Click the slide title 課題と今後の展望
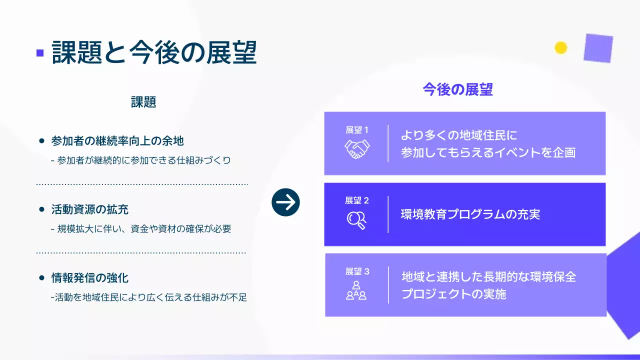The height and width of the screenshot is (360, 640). pyautogui.click(x=154, y=52)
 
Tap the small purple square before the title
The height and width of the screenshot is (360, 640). pyautogui.click(x=40, y=53)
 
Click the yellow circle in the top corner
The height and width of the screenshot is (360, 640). pyautogui.click(x=561, y=47)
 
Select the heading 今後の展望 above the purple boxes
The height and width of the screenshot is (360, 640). pyautogui.click(x=457, y=89)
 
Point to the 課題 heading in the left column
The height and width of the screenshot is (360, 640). pyautogui.click(x=143, y=102)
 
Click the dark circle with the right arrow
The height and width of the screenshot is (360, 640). pyautogui.click(x=285, y=202)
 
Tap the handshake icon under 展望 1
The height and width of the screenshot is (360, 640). pyautogui.click(x=356, y=148)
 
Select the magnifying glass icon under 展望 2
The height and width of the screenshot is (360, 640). pyautogui.click(x=356, y=219)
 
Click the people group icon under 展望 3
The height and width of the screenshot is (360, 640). pyautogui.click(x=356, y=290)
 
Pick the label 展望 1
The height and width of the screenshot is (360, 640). pyautogui.click(x=356, y=130)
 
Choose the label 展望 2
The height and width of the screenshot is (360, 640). pyautogui.click(x=356, y=200)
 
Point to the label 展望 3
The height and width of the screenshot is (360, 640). pyautogui.click(x=356, y=271)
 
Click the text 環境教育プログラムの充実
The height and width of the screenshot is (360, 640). pyautogui.click(x=470, y=214)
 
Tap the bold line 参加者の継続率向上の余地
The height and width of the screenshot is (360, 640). pyautogui.click(x=117, y=141)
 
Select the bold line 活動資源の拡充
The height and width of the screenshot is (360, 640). pyautogui.click(x=90, y=209)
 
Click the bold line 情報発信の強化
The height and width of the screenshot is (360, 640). pyautogui.click(x=90, y=277)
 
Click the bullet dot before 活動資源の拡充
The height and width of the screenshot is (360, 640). pyautogui.click(x=42, y=209)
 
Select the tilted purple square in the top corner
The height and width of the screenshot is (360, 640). pyautogui.click(x=598, y=48)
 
